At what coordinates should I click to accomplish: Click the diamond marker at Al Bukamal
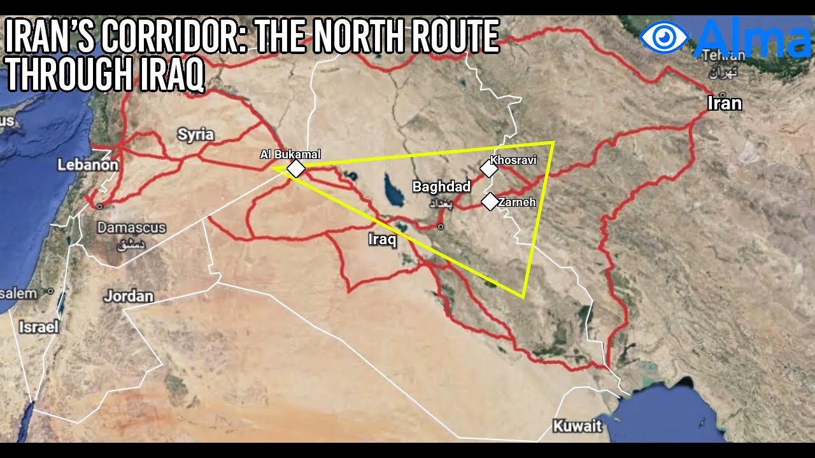click(296, 169)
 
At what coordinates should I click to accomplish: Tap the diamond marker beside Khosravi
click(489, 169)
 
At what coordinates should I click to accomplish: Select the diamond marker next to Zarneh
click(489, 202)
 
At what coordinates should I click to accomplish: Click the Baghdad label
click(441, 186)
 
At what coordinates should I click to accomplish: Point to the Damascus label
click(131, 228)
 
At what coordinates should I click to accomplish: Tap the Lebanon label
click(88, 165)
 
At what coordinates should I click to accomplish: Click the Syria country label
click(195, 135)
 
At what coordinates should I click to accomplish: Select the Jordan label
click(129, 296)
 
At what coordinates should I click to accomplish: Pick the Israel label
click(38, 327)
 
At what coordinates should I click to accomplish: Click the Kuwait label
click(577, 426)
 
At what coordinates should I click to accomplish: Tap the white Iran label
click(725, 103)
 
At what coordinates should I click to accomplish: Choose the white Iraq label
click(383, 240)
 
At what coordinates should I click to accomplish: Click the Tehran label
click(723, 56)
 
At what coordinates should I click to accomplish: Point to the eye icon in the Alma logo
click(664, 37)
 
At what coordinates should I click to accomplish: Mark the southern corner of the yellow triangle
click(523, 296)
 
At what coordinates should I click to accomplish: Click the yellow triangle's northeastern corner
click(553, 142)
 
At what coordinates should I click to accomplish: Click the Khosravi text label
click(514, 160)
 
